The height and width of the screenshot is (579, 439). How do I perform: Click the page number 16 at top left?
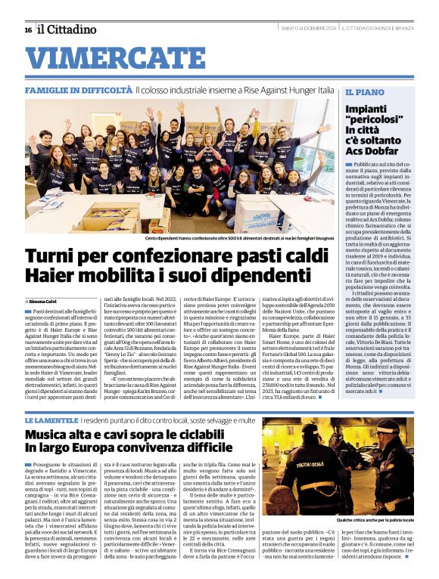(x=28, y=29)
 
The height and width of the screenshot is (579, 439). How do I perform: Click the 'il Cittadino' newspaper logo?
(x=68, y=29)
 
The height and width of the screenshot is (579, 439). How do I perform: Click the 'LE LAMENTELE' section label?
(x=51, y=419)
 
